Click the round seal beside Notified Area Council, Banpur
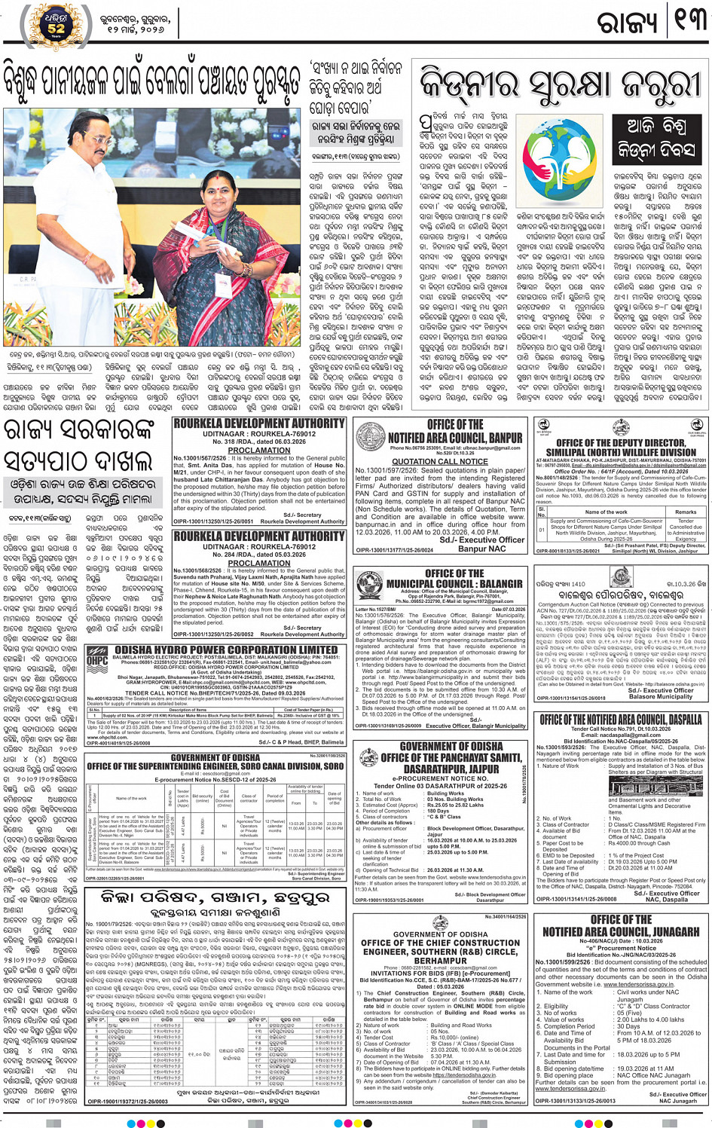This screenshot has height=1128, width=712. click(x=369, y=436)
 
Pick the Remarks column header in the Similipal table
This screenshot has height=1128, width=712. click(x=685, y=512)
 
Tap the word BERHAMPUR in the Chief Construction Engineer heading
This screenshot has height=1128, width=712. click(x=441, y=961)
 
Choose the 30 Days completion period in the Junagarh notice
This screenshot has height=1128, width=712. click(x=628, y=1026)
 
